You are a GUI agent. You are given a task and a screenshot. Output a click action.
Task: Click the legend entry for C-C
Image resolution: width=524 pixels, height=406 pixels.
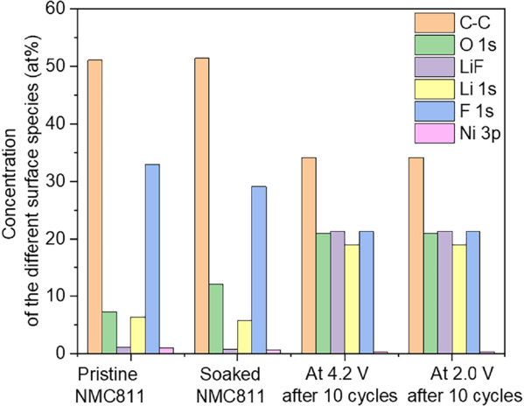(x=455, y=20)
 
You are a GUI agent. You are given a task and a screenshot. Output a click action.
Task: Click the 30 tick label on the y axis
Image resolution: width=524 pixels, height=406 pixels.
(x=62, y=181)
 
